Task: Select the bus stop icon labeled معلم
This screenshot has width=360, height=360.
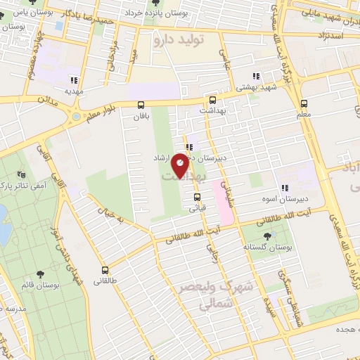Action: [x=303, y=101]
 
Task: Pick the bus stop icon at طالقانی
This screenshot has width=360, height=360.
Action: [x=105, y=270]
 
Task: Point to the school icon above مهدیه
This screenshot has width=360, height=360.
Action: [x=74, y=79]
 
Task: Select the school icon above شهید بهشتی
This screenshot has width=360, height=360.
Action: [x=257, y=75]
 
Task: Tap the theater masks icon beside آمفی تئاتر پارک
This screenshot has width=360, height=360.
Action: [x=20, y=172]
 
